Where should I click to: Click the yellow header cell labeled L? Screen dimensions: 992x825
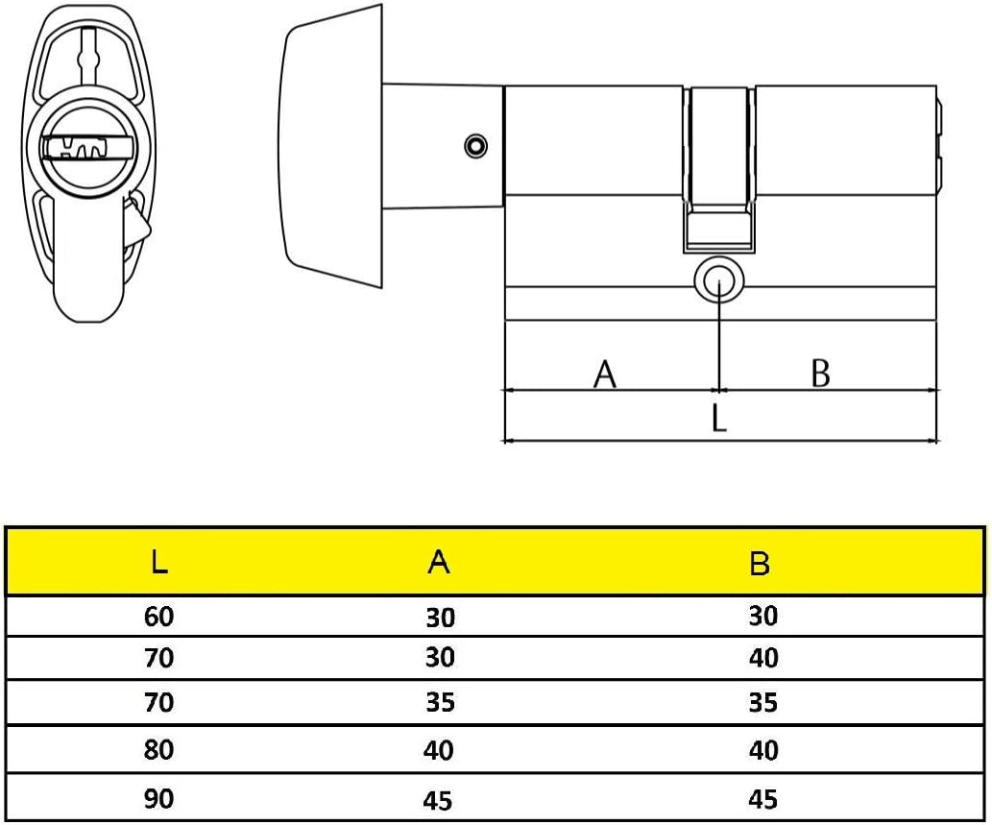coord(159,561)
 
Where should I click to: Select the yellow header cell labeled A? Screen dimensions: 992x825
coord(439,561)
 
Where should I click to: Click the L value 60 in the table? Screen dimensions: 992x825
coord(158,617)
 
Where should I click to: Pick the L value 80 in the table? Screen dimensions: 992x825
coord(158,750)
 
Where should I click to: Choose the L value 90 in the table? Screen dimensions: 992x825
coord(158,798)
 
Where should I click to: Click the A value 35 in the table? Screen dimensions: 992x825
coord(441,702)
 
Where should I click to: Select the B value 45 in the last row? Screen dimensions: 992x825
coord(763,799)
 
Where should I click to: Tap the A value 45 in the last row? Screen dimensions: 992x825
coord(439,801)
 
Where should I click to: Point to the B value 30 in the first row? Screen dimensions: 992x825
coord(763,616)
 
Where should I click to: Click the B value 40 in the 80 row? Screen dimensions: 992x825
coord(763,750)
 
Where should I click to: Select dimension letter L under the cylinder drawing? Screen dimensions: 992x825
coord(718,418)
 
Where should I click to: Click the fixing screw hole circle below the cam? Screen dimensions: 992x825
coord(719,280)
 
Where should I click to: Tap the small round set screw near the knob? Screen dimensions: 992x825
coord(475,146)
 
